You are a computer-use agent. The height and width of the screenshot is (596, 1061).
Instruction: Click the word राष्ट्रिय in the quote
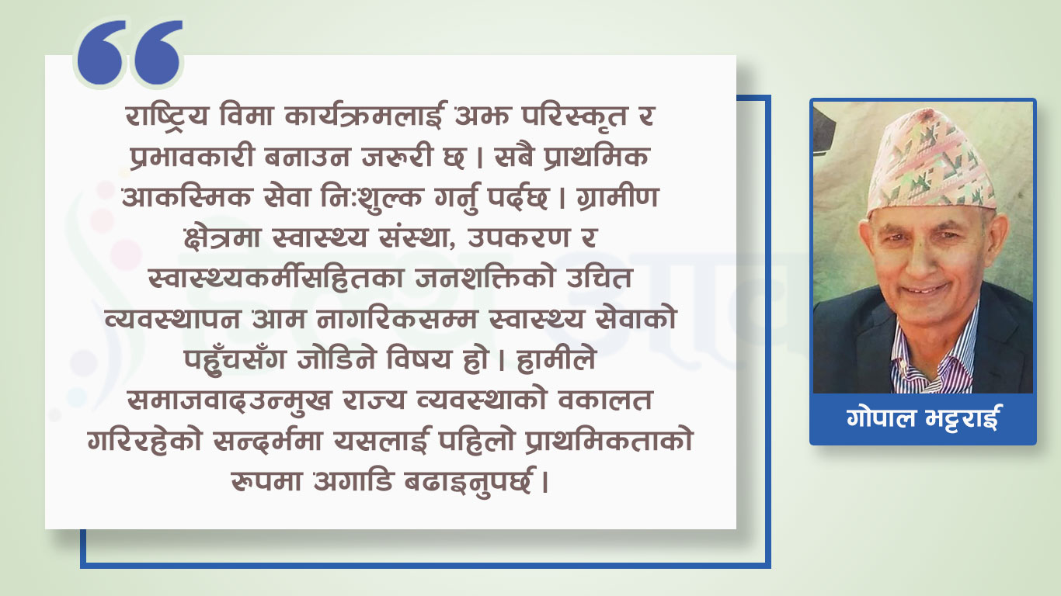pos(167,116)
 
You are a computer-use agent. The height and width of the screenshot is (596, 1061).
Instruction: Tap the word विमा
pos(246,116)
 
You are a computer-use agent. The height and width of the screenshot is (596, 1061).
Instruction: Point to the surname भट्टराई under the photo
pos(960,418)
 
